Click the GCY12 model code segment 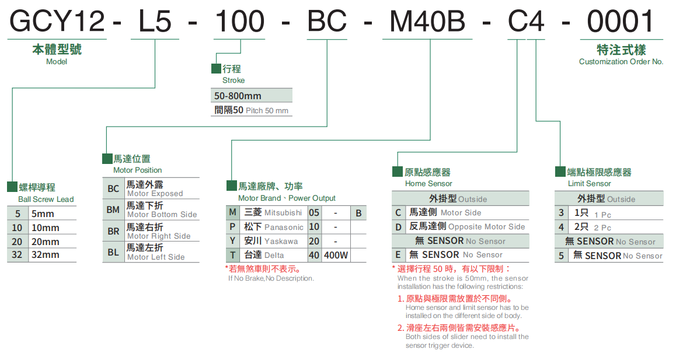pyautogui.click(x=57, y=22)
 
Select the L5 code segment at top pyautogui.click(x=155, y=22)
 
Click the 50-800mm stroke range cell pyautogui.click(x=238, y=96)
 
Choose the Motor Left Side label pyautogui.click(x=156, y=257)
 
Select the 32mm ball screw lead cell pyautogui.click(x=46, y=254)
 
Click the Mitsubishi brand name pyautogui.click(x=283, y=213)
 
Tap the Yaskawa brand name pyautogui.click(x=281, y=241)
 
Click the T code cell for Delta pyautogui.click(x=232, y=255)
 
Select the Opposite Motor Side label pyautogui.click(x=486, y=227)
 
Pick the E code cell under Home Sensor pyautogui.click(x=398, y=255)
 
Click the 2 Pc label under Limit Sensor pyautogui.click(x=601, y=228)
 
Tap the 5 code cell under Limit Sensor pyautogui.click(x=562, y=256)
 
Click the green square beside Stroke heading pyautogui.click(x=216, y=69)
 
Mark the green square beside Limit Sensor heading pyautogui.click(x=560, y=172)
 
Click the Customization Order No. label pyautogui.click(x=621, y=61)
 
